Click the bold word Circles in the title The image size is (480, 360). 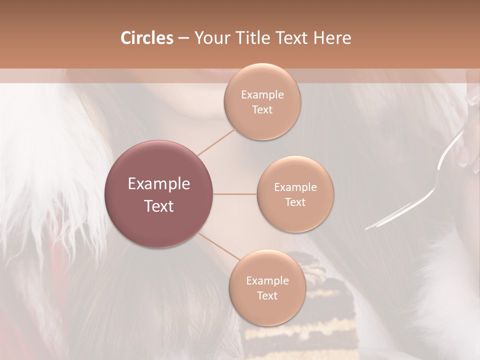tap(147, 38)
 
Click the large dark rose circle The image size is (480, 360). tap(158, 194)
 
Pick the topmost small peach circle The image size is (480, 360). tap(262, 101)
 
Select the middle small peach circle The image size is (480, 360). tap(295, 194)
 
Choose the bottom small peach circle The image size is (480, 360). tap(267, 288)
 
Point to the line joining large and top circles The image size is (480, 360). tap(216, 141)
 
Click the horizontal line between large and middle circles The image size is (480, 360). tap(235, 194)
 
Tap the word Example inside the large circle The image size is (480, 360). tap(158, 184)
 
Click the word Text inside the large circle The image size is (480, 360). tap(158, 206)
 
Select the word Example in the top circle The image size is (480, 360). tap(262, 95)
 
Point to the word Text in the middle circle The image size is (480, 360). tap(295, 202)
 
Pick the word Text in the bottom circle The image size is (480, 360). tap(267, 295)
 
